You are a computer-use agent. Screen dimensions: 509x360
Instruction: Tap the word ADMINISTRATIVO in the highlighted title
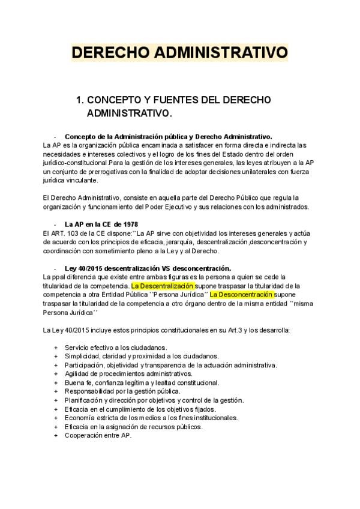coord(221,53)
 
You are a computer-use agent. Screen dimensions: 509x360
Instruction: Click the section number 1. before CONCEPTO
coord(79,99)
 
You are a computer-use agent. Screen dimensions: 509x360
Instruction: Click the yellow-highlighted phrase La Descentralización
coord(163,286)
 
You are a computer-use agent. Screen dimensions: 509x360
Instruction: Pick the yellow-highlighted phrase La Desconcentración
coord(241,295)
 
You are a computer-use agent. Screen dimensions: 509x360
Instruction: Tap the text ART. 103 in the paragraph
coord(61,233)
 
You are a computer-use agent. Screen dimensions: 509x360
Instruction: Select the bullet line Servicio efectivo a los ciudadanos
coord(116,347)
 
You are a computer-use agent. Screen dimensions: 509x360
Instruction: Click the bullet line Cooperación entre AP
coord(98,435)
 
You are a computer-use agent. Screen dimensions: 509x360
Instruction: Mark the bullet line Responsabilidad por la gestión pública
coord(122,391)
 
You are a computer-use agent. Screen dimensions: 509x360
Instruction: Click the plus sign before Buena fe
coord(56,382)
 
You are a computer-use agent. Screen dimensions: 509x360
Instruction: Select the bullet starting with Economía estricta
coord(151,418)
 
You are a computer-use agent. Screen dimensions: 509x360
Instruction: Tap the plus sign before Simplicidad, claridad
coord(56,356)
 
